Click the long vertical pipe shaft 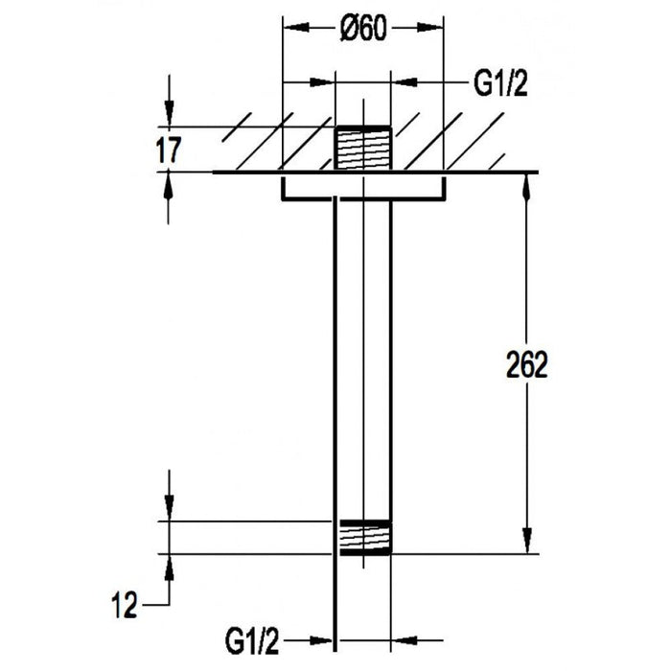click(x=363, y=355)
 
